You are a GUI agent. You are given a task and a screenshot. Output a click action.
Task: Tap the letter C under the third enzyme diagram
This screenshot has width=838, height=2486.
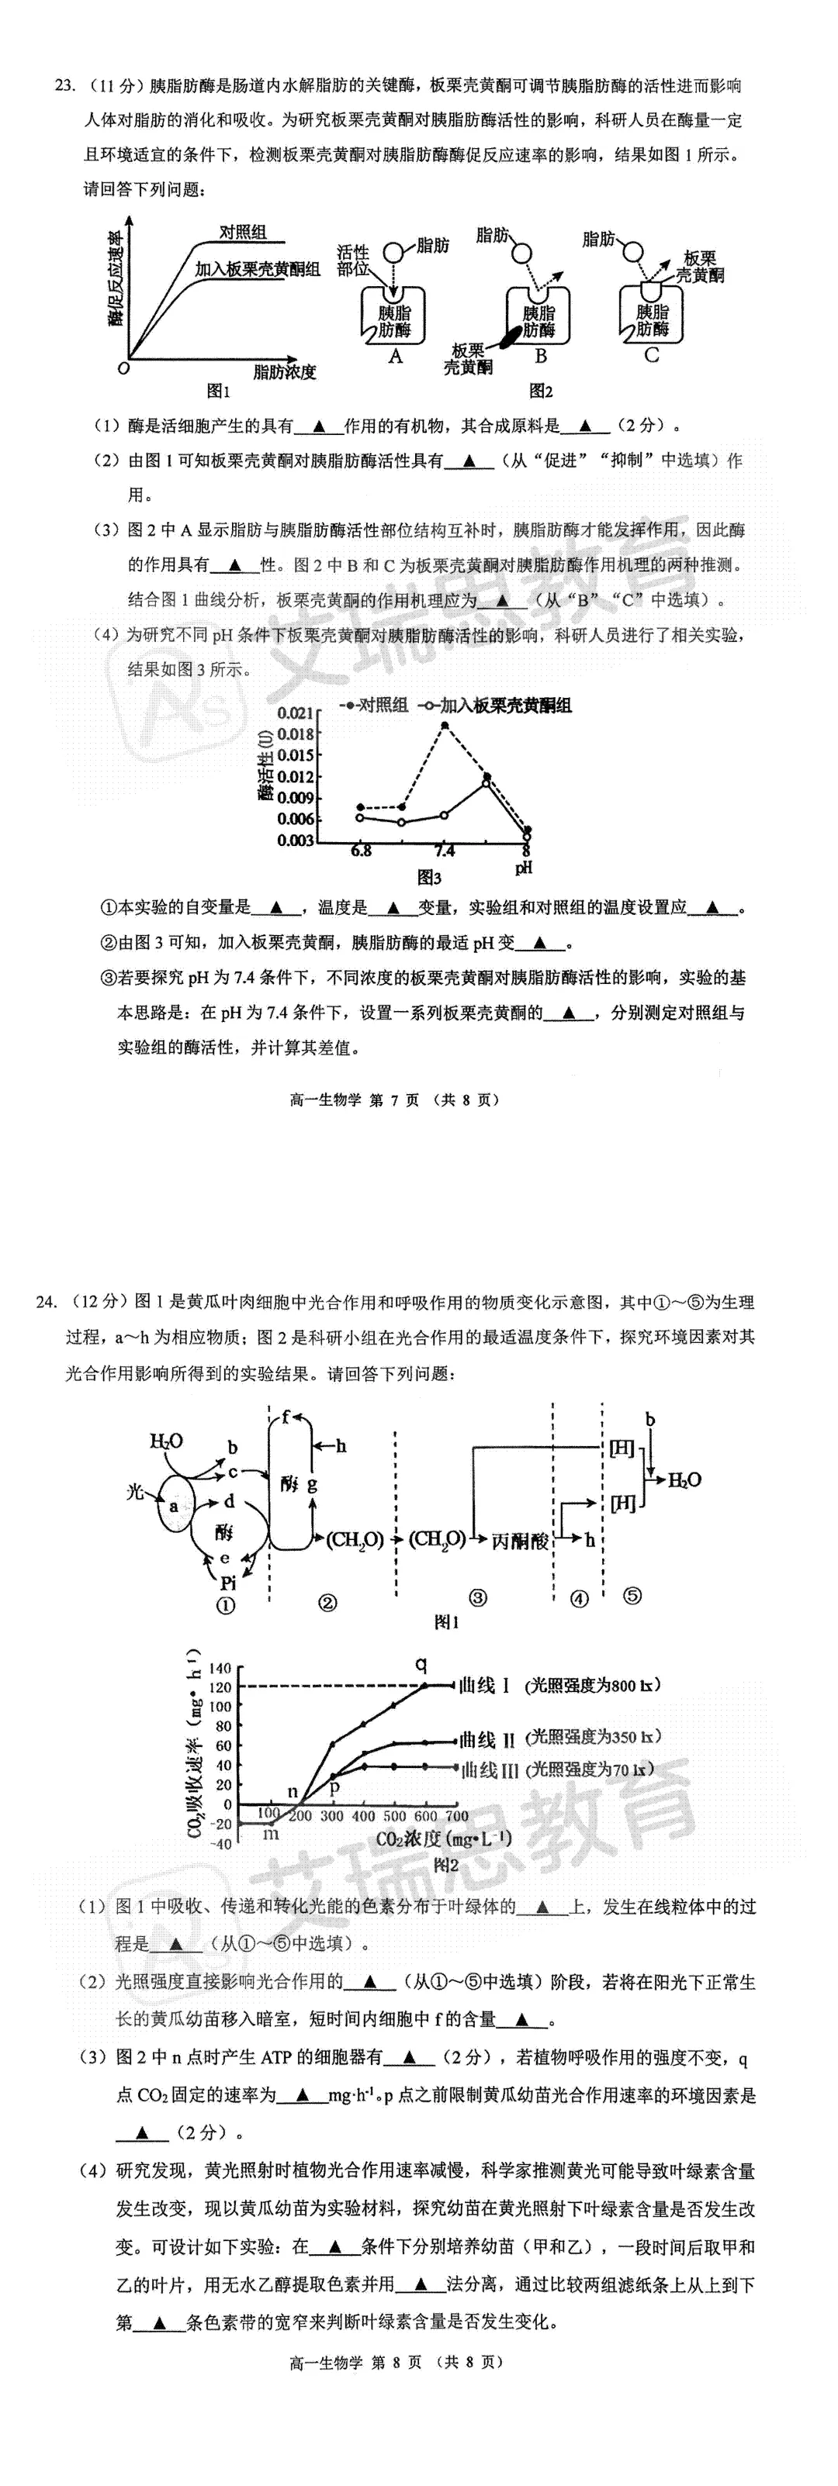click(x=651, y=356)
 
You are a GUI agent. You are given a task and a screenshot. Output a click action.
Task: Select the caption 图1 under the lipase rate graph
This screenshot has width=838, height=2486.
click(x=219, y=391)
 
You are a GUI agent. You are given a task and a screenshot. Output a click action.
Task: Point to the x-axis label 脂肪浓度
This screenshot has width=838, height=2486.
click(x=285, y=371)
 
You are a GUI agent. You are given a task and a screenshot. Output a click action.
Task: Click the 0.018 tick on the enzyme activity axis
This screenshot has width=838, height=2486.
click(x=296, y=734)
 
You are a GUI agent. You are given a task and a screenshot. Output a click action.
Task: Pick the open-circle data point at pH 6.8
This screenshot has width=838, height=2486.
click(x=360, y=817)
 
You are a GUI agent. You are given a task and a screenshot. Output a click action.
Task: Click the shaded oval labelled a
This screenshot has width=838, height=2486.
click(x=175, y=1506)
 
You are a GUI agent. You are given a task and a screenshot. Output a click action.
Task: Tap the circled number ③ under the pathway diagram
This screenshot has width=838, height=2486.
click(x=477, y=1597)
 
